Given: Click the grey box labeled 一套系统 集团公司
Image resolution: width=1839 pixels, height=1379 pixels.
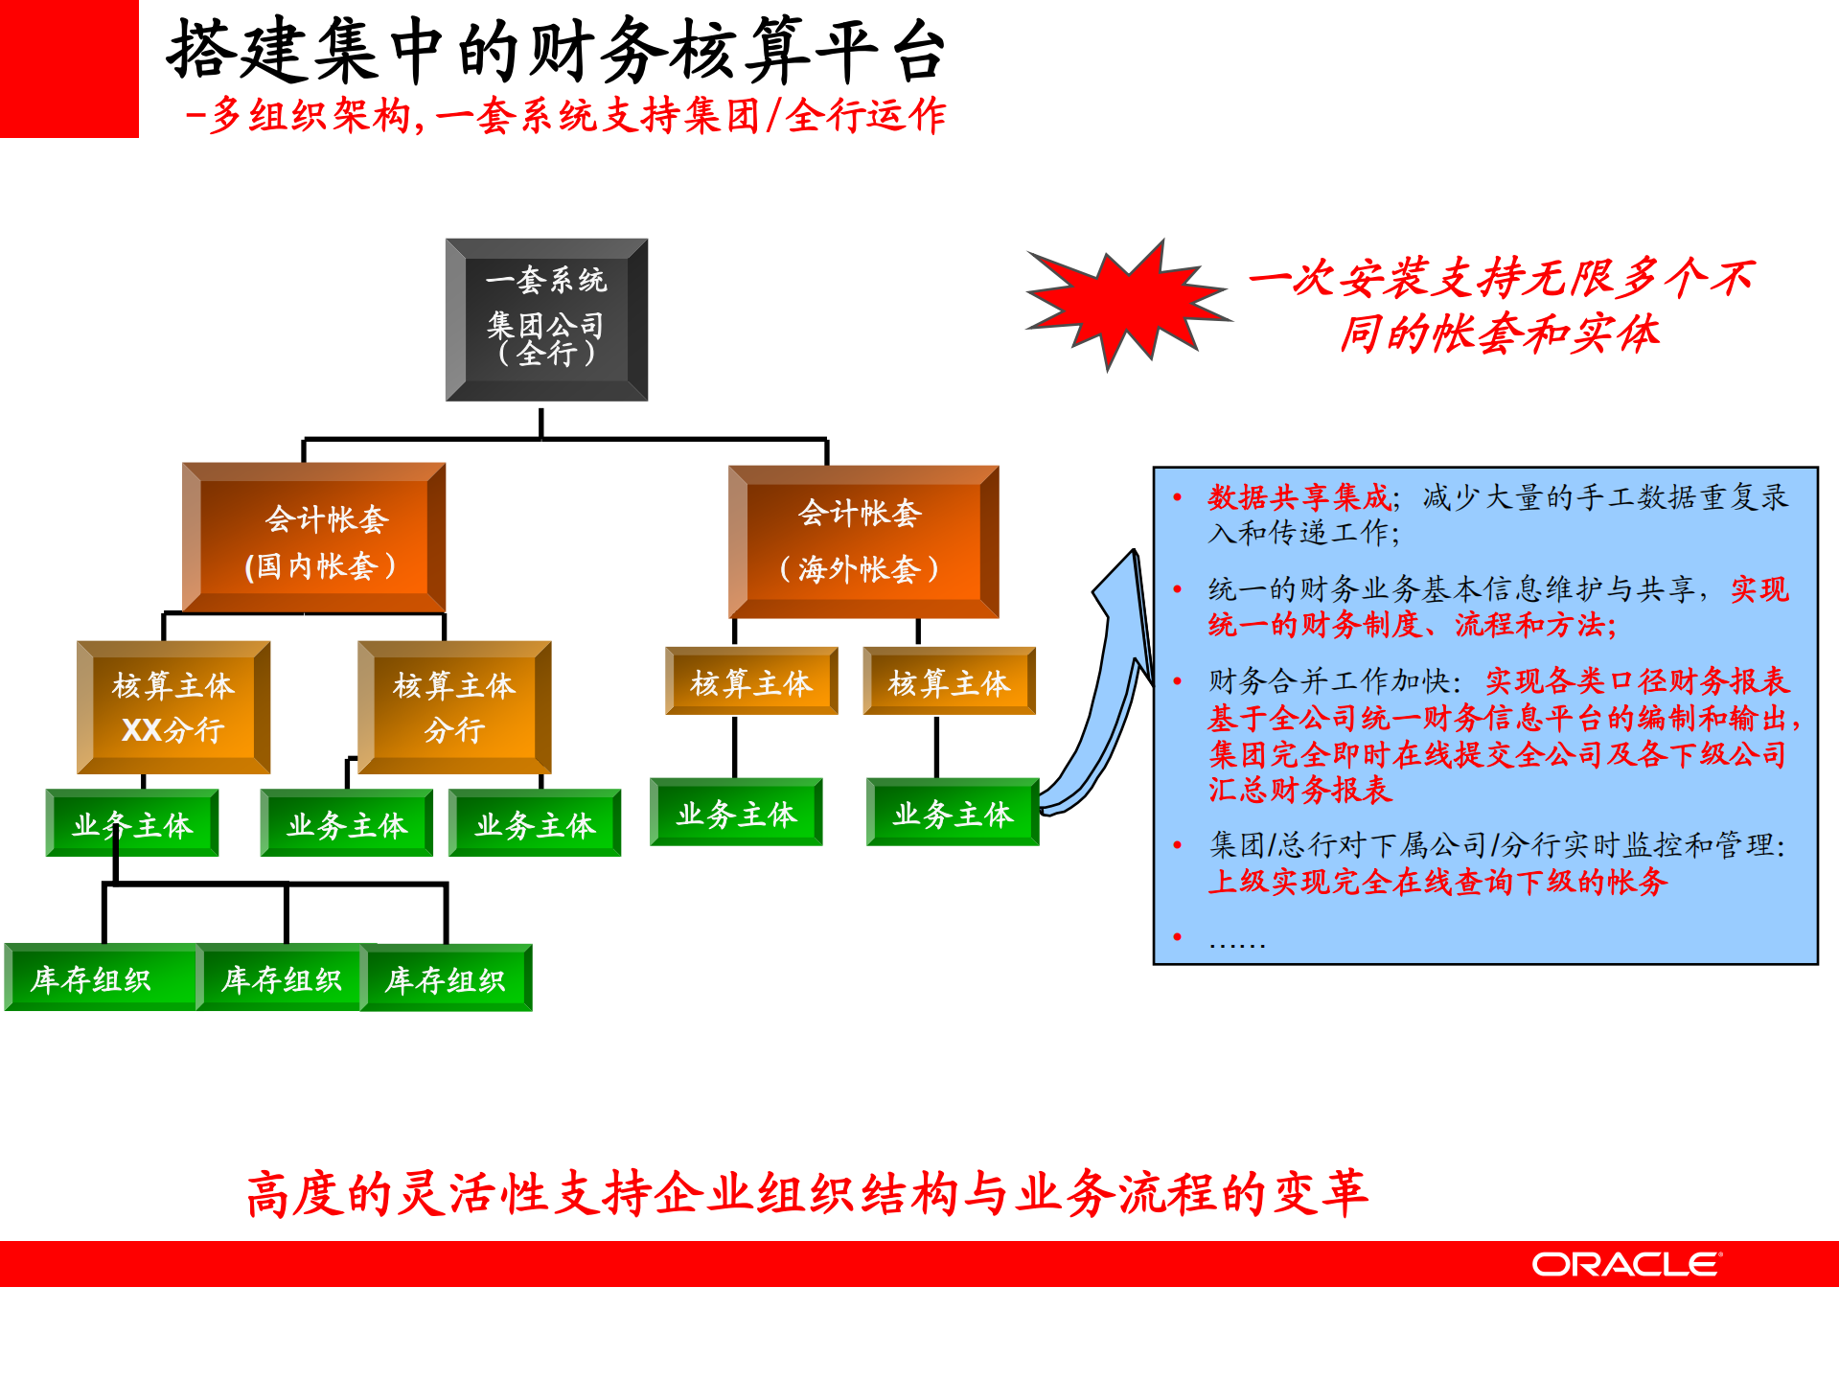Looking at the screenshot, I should pyautogui.click(x=546, y=319).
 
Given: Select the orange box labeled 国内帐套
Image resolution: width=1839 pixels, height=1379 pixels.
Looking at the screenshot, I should pyautogui.click(x=313, y=539).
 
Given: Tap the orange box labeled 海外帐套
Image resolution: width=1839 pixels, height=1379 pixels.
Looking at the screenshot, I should pyautogui.click(x=862, y=541).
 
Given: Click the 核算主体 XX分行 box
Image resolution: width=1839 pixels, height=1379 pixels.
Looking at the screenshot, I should pyautogui.click(x=173, y=707).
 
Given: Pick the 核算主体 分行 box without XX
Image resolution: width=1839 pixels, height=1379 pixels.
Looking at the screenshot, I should pyautogui.click(x=454, y=707).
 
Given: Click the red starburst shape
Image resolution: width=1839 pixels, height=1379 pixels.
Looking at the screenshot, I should pyautogui.click(x=1126, y=301).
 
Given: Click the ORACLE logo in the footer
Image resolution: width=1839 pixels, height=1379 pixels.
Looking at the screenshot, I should pyautogui.click(x=1625, y=1264).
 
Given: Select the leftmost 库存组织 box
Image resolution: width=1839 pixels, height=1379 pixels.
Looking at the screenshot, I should pyautogui.click(x=96, y=978).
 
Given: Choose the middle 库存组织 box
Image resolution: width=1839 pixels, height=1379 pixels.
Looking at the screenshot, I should pyautogui.click(x=280, y=978).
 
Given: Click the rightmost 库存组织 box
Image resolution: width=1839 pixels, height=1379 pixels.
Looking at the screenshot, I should pyautogui.click(x=447, y=978).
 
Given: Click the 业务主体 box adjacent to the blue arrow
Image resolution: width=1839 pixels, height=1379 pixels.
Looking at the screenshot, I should pyautogui.click(x=952, y=813).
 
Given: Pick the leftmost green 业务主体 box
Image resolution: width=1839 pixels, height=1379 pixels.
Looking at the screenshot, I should pyautogui.click(x=132, y=823).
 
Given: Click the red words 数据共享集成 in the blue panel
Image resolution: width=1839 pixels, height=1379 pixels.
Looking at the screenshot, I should pyautogui.click(x=1299, y=497).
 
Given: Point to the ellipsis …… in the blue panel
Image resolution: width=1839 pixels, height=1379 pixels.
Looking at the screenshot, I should pyautogui.click(x=1236, y=941).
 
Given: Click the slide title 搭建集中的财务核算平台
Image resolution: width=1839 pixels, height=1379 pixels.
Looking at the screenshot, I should pyautogui.click(x=556, y=50).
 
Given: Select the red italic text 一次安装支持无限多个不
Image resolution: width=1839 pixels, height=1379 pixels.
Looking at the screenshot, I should pyautogui.click(x=1501, y=279).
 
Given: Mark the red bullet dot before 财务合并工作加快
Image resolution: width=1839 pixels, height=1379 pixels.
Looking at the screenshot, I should pyautogui.click(x=1178, y=681).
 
